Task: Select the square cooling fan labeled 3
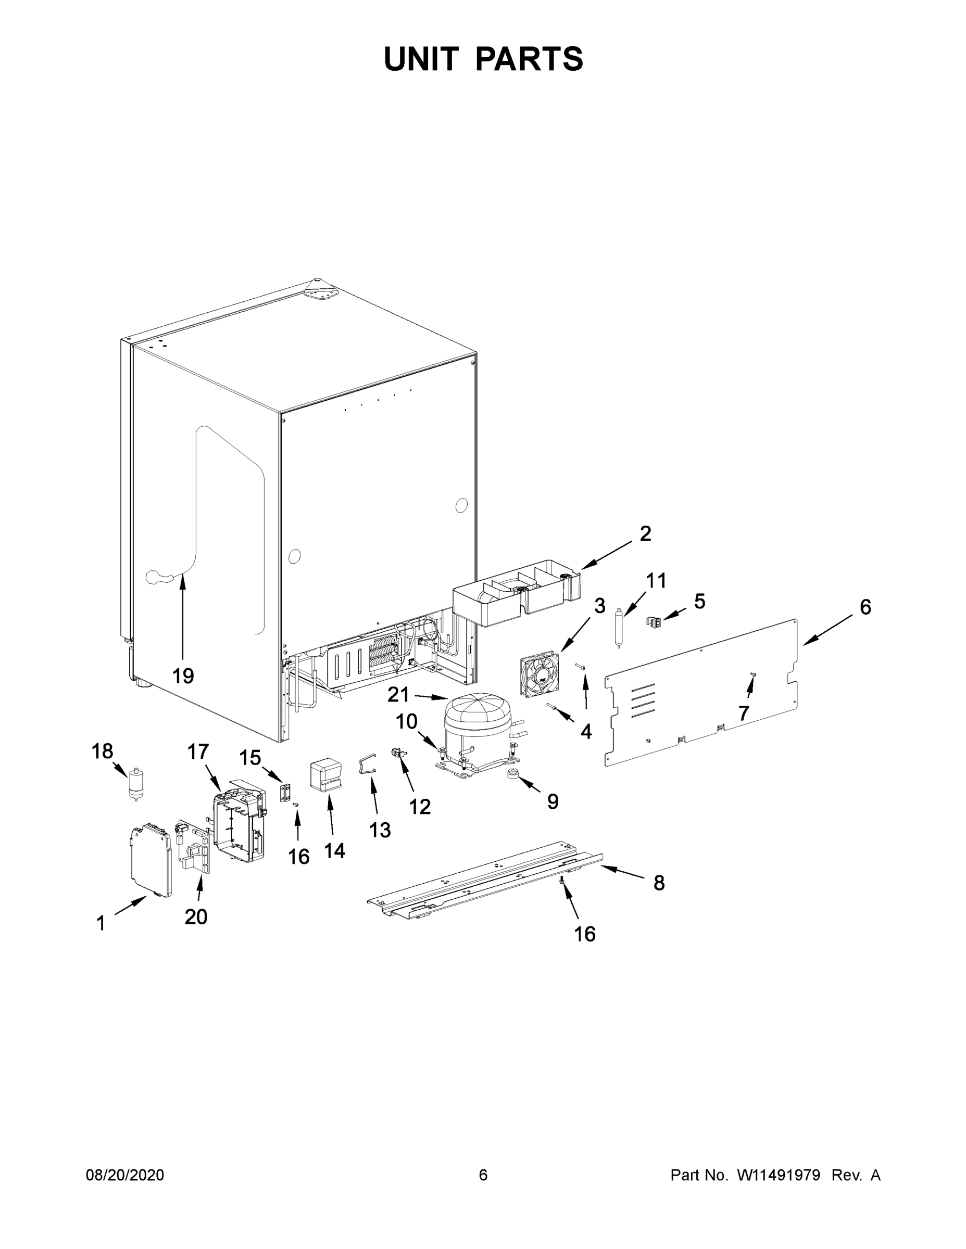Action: pyautogui.click(x=539, y=675)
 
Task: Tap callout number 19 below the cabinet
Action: pyautogui.click(x=183, y=676)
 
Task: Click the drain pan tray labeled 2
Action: pyautogui.click(x=515, y=595)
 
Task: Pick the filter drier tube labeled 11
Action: pyautogui.click(x=618, y=627)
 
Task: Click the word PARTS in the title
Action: pyautogui.click(x=529, y=59)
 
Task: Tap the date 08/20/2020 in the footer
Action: pyautogui.click(x=125, y=1175)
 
